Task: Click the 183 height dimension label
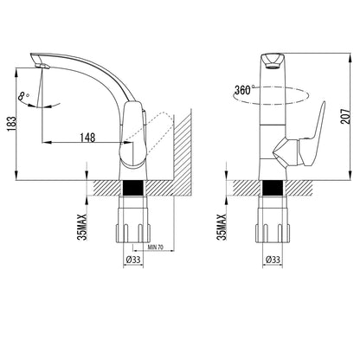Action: pos(11,124)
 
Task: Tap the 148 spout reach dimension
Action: pos(87,138)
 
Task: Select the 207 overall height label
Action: pos(346,117)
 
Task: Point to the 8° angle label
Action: pos(24,96)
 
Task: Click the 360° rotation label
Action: pos(244,90)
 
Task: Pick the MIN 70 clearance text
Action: pos(155,247)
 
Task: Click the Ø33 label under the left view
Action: pos(133,260)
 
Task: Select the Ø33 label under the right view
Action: pos(273,260)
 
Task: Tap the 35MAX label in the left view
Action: pos(82,227)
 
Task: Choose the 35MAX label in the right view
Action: pos(222,227)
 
